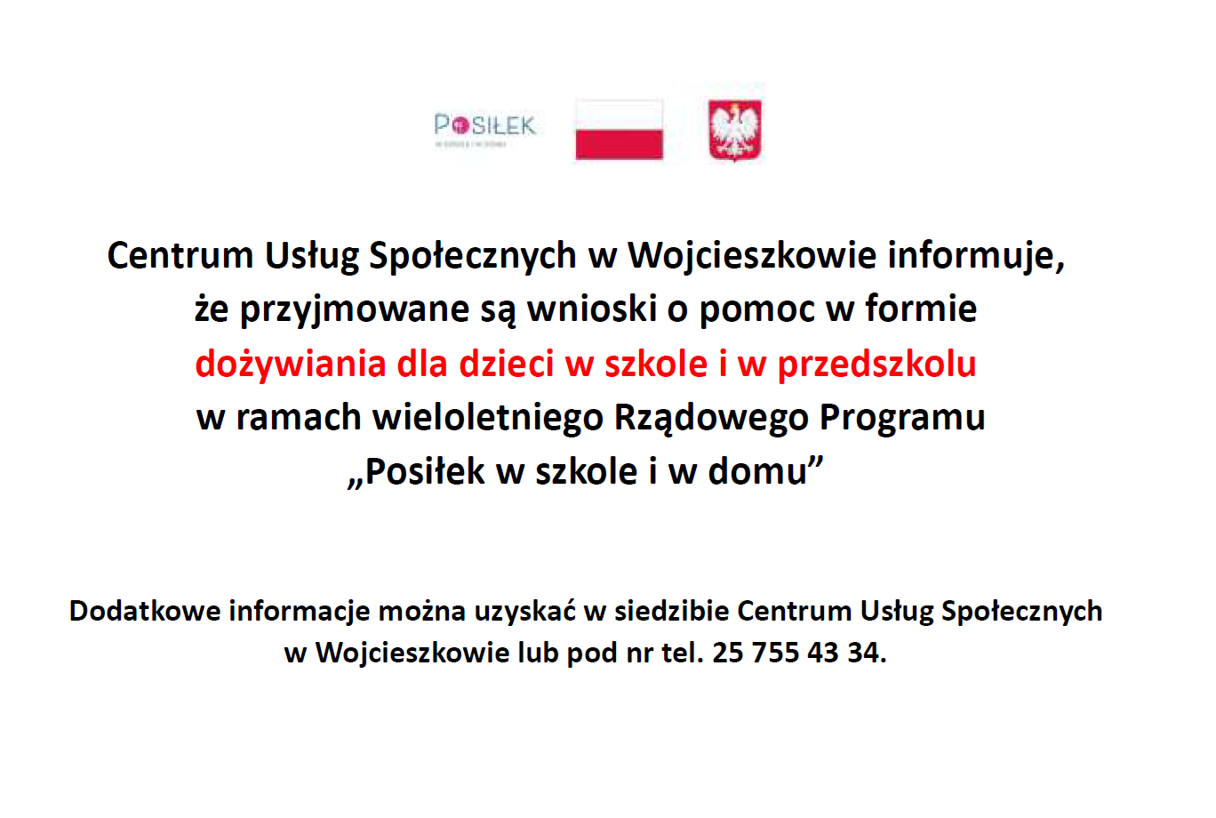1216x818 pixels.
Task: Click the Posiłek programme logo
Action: [485, 129]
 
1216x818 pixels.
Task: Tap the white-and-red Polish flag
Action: [619, 130]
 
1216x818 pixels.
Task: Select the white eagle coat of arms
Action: [735, 131]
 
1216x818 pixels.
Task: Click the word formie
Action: [921, 309]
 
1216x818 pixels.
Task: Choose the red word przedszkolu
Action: [876, 365]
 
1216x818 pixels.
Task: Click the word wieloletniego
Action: [488, 418]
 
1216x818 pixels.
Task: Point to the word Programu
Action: [902, 418]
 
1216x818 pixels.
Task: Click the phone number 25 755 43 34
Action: [798, 654]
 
